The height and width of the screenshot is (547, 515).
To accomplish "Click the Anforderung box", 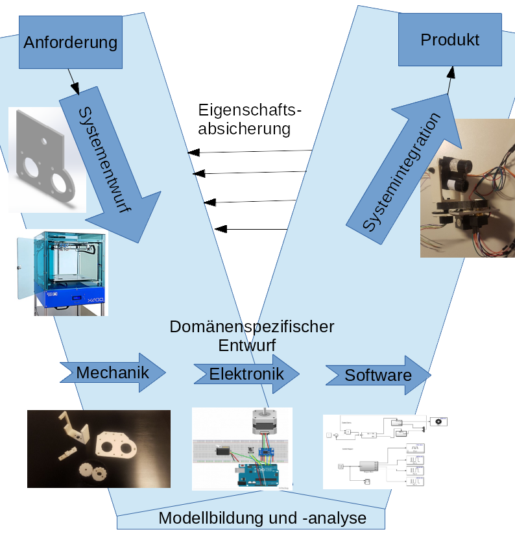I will click(71, 43).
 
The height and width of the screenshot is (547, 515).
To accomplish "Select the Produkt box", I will click(449, 40).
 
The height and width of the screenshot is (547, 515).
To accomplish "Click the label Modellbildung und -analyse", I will click(262, 518).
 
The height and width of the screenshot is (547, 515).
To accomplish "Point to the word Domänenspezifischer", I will click(252, 326).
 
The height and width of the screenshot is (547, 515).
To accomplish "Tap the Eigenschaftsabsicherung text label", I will click(250, 119).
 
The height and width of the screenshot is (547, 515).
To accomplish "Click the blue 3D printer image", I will click(62, 273).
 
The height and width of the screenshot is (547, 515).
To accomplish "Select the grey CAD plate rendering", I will click(47, 160).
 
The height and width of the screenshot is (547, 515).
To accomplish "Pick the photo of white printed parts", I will click(99, 448).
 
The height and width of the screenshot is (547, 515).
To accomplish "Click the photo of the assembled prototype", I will click(467, 189).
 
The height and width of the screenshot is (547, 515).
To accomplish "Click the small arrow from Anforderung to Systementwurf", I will click(75, 83).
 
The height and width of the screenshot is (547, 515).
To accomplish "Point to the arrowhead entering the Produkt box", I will click(450, 71).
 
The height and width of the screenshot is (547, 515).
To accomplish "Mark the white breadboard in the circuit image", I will click(214, 454).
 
